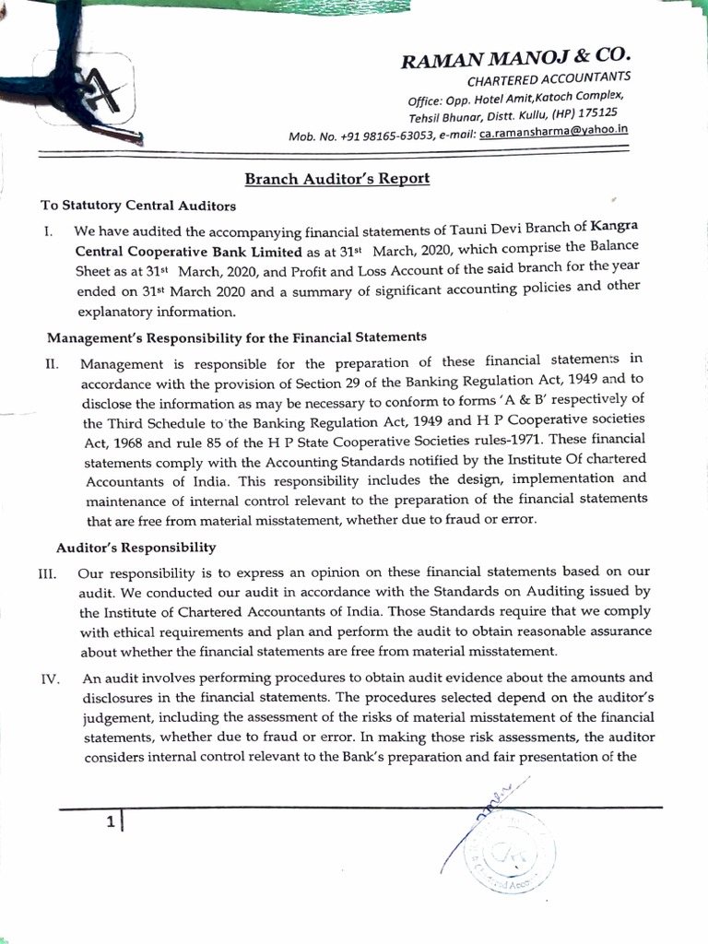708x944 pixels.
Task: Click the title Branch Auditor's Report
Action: (x=336, y=179)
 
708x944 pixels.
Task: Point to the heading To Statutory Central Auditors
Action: (x=138, y=205)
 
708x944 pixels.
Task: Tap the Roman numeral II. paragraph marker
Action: (x=52, y=364)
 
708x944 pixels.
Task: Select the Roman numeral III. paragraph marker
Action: (x=47, y=573)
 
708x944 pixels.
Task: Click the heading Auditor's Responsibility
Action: (x=136, y=548)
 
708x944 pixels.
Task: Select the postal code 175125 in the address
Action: (x=595, y=112)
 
